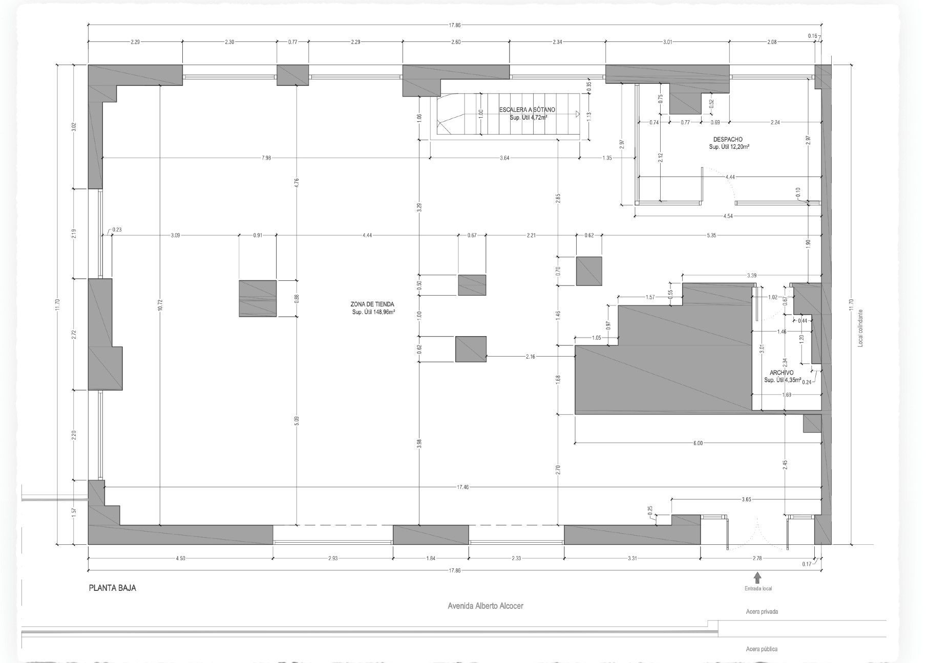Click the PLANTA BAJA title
click(x=113, y=588)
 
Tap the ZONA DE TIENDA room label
click(x=373, y=304)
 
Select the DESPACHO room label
click(x=728, y=139)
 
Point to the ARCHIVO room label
click(x=782, y=373)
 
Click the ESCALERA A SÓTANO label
click(x=527, y=110)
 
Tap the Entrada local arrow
click(x=757, y=578)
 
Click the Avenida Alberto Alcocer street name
click(x=485, y=606)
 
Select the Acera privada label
click(x=762, y=611)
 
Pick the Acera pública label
click(x=762, y=649)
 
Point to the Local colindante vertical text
click(x=860, y=327)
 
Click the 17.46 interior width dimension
click(x=462, y=487)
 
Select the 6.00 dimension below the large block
click(x=698, y=443)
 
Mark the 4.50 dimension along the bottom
click(x=180, y=558)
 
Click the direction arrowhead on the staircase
click(x=577, y=114)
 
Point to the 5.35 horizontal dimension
click(x=711, y=235)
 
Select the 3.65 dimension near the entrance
click(x=746, y=499)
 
